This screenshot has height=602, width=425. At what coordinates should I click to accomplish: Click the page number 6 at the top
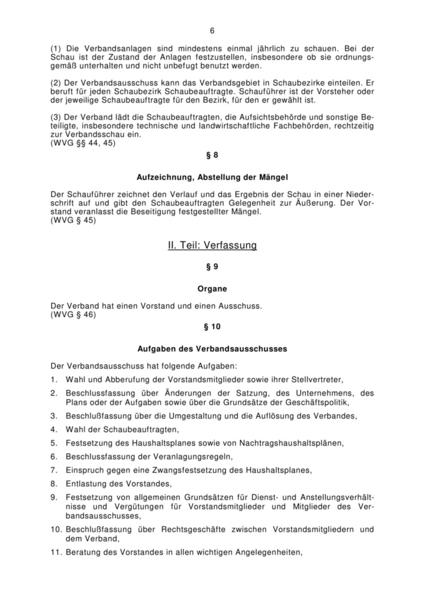[212, 30]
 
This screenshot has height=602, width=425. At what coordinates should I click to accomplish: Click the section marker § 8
[212, 155]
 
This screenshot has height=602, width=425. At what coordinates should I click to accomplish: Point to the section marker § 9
[212, 269]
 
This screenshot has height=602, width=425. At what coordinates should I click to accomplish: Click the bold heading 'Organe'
[212, 289]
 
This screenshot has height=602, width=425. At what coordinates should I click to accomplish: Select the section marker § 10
[212, 327]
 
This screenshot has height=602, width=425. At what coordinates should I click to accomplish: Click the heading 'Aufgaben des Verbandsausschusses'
[212, 349]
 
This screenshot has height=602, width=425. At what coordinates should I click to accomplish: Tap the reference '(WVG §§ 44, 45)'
[79, 143]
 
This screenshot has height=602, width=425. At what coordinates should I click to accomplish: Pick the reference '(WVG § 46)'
[72, 314]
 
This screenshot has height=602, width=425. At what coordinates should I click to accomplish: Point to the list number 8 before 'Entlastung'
[53, 483]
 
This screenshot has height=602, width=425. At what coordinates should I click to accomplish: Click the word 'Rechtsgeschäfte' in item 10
[196, 529]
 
